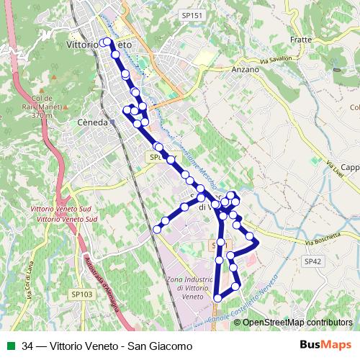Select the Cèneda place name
[92, 122]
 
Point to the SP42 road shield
[312, 261]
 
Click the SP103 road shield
[82, 294]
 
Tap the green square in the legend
[11, 346]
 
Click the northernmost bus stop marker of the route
[107, 42]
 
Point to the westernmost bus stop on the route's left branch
[157, 229]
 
